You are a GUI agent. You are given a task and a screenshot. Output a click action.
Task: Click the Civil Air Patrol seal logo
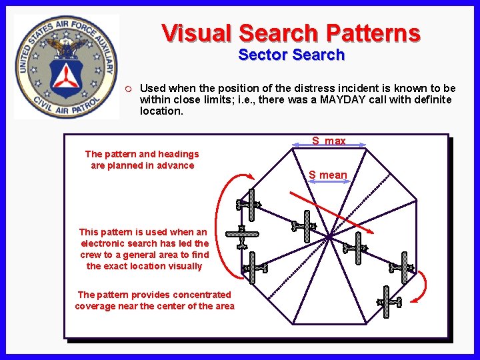[x=66, y=66]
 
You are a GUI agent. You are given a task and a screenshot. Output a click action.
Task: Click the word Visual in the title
[x=197, y=33]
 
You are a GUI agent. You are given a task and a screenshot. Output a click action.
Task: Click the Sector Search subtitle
[x=291, y=55]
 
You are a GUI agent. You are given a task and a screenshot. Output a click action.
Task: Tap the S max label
[x=329, y=141]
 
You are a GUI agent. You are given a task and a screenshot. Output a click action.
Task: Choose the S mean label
[x=328, y=175]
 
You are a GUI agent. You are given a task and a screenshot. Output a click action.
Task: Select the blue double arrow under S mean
[x=327, y=181]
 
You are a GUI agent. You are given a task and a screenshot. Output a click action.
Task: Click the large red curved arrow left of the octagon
[x=224, y=227]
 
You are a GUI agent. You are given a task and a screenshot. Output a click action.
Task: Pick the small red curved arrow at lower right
[x=420, y=287]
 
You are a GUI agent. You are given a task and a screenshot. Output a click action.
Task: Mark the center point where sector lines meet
[x=330, y=235]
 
